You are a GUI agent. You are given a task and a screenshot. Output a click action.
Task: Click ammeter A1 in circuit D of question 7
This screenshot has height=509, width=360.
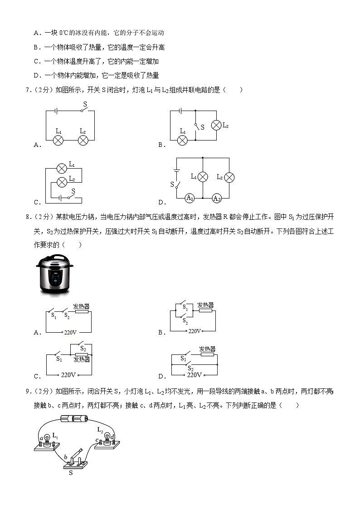190,198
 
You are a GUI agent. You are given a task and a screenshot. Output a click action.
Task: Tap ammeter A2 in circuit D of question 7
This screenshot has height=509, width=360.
217,198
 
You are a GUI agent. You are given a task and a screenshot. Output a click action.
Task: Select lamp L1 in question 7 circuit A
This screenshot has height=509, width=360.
58,140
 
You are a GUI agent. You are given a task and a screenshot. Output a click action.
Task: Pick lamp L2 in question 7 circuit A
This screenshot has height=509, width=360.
83,140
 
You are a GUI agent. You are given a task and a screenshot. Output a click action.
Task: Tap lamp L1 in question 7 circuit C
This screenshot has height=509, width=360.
62,169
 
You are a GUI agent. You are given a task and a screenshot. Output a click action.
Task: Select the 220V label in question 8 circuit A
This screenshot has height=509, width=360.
70,332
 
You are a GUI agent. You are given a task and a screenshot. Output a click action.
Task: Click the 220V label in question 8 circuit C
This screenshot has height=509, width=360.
68,375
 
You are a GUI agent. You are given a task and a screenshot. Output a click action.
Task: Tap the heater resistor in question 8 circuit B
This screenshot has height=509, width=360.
205,311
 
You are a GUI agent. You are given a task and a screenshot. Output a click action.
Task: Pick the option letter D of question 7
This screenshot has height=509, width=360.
161,202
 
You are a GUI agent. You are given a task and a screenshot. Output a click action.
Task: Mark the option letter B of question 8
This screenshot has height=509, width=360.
161,332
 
